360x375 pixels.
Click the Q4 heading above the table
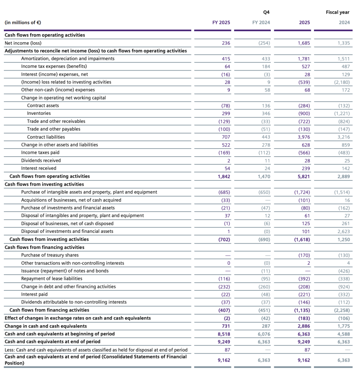[x=266, y=12]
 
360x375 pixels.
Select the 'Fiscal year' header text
[x=337, y=12]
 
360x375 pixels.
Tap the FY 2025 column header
[x=221, y=22]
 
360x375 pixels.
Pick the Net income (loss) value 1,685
[x=304, y=43]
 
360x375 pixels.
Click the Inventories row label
[x=39, y=113]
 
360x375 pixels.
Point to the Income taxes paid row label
[x=40, y=153]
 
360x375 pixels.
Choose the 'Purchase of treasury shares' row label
[x=50, y=255]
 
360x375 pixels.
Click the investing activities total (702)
[x=224, y=239]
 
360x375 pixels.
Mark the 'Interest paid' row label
[x=34, y=294]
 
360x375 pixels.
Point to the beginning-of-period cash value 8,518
[x=224, y=334]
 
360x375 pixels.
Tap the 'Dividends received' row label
[x=41, y=160]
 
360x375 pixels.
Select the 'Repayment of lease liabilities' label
[x=52, y=278]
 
